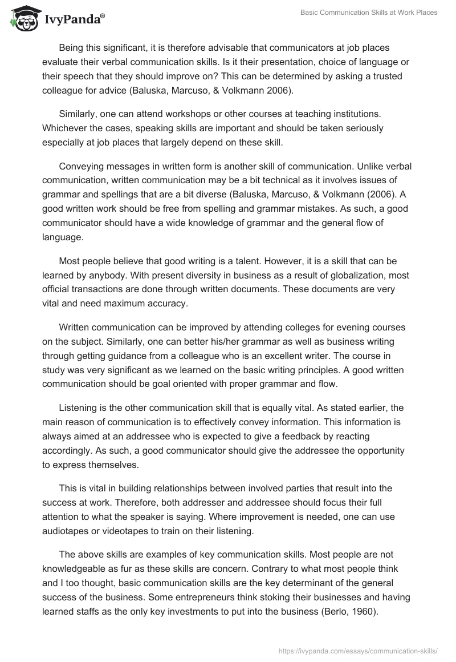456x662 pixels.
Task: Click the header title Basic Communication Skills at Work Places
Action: [369, 13]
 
